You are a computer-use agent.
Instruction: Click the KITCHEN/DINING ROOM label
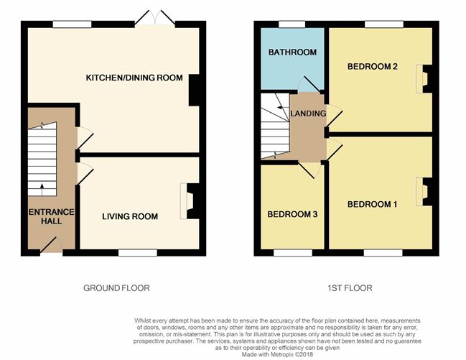(x=134, y=78)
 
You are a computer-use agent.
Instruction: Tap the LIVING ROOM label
(x=130, y=216)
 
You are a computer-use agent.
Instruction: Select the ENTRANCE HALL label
(x=45, y=216)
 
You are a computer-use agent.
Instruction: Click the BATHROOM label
(x=292, y=52)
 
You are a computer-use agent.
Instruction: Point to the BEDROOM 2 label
(x=372, y=67)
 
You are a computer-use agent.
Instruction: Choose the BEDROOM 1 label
(x=372, y=204)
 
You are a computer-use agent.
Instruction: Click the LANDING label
(x=308, y=114)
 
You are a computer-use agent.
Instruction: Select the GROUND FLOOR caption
(x=116, y=287)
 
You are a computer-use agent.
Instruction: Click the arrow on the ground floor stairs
(x=42, y=190)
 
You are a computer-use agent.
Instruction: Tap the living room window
(x=137, y=252)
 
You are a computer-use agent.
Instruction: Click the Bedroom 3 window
(x=288, y=252)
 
